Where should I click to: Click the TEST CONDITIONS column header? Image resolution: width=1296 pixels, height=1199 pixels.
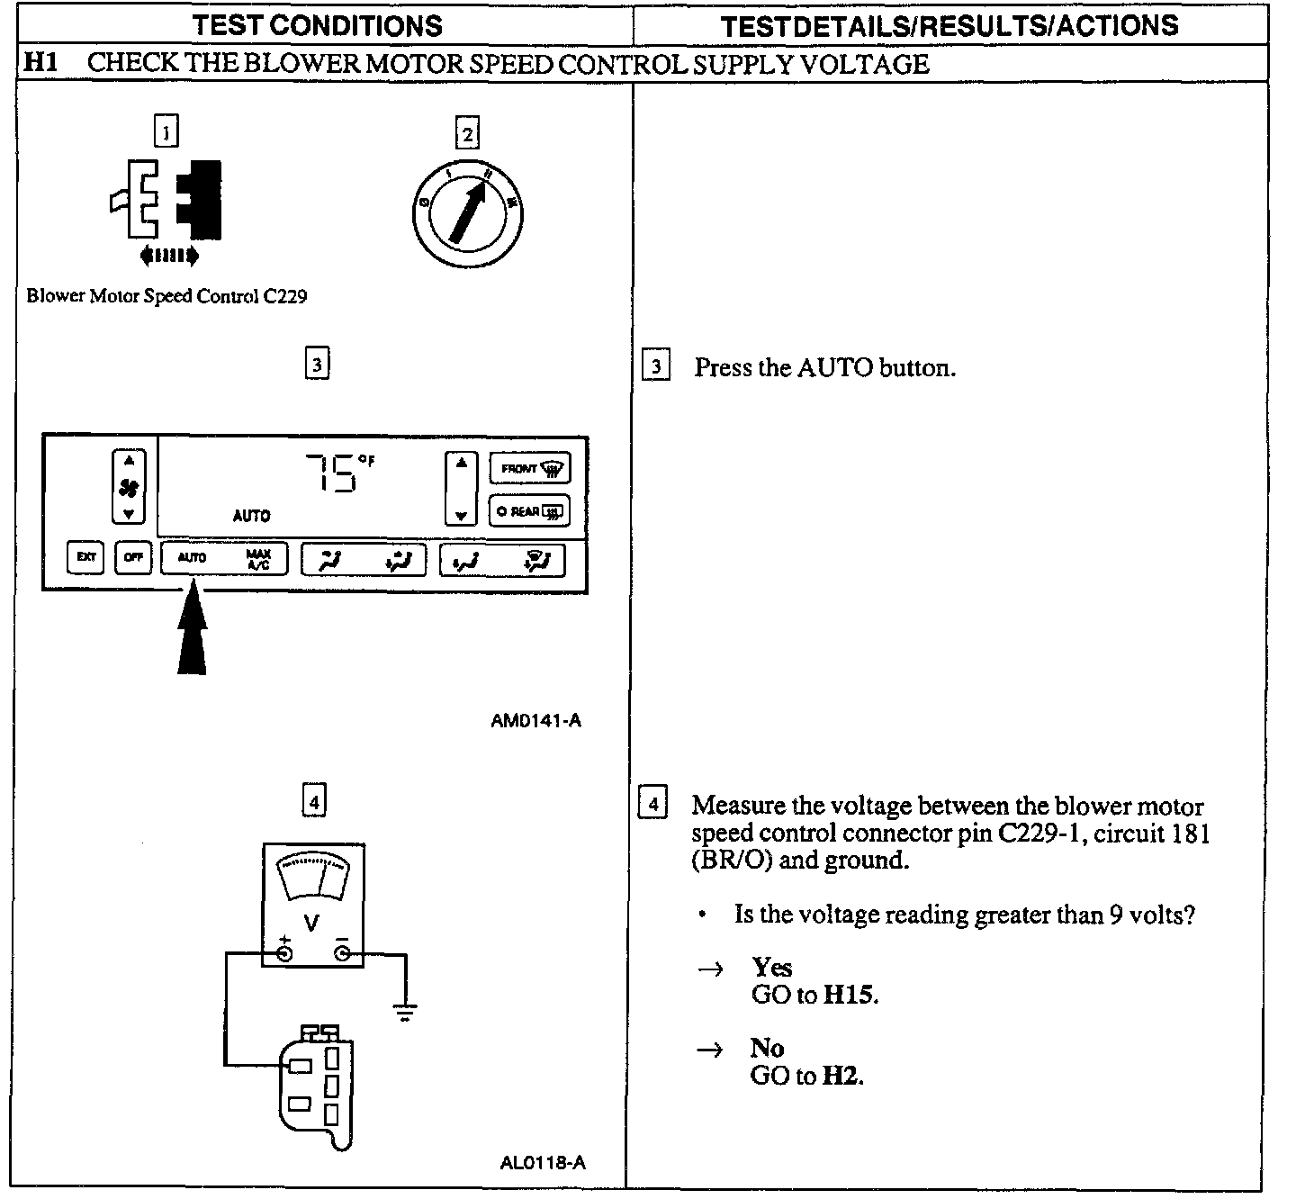(318, 24)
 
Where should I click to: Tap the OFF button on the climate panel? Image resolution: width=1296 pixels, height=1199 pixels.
(133, 557)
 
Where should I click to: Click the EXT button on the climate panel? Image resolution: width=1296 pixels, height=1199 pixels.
(85, 557)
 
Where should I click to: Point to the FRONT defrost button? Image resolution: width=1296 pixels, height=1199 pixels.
(529, 468)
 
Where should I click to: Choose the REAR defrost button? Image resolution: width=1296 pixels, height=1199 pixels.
(529, 511)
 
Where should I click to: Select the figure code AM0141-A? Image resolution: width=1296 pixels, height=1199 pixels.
(535, 720)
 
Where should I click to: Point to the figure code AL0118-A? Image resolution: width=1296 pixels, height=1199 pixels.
(542, 1162)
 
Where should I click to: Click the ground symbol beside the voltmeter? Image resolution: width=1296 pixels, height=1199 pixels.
(405, 1013)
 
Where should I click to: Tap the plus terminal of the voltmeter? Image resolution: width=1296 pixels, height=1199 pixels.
(284, 953)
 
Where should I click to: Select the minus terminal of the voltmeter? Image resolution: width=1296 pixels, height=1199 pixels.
(342, 953)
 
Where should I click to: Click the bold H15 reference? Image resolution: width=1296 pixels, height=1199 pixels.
(850, 995)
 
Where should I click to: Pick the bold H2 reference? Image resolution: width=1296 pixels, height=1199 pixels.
(842, 1076)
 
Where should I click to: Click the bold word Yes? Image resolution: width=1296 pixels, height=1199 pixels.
(771, 968)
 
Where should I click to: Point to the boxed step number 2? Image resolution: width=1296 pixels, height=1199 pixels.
(467, 134)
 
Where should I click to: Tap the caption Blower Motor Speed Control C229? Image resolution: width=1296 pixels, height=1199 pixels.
(166, 296)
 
